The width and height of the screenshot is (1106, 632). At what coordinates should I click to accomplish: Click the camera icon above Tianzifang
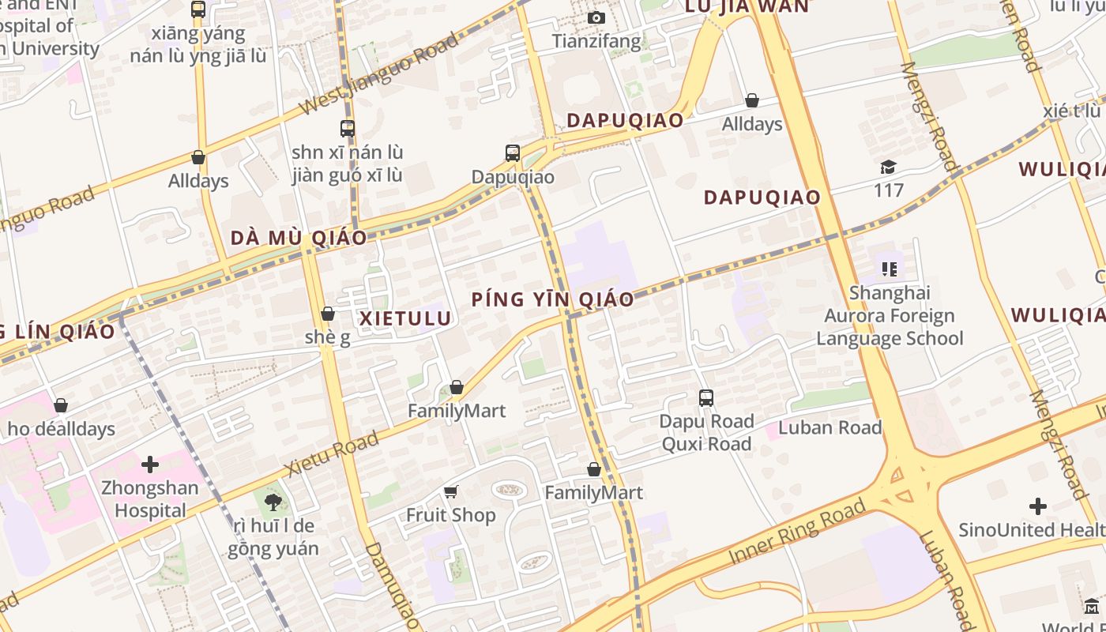coord(596,17)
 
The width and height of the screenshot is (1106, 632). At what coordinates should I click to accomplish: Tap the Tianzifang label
coord(596,40)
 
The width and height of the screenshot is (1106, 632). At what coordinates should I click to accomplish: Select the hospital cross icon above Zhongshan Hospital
coord(150,464)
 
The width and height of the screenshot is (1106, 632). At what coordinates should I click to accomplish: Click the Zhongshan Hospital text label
coord(150,498)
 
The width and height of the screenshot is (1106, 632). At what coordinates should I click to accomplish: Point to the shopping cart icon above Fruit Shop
coord(451,492)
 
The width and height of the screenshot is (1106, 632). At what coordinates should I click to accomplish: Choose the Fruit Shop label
coord(451,515)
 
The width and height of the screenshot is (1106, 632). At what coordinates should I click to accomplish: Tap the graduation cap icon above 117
coord(889,167)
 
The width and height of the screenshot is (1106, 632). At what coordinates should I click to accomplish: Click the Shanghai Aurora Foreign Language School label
coord(890,316)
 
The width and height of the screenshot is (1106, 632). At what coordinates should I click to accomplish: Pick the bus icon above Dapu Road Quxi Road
coord(706,398)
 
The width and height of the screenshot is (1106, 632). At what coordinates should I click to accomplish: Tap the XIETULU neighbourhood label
coord(406,318)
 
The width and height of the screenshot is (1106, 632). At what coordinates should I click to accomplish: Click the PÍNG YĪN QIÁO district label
coord(553,299)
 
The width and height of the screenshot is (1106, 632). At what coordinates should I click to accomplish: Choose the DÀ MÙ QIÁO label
coord(299,238)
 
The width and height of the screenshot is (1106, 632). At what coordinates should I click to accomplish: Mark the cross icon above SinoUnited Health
coord(1038,506)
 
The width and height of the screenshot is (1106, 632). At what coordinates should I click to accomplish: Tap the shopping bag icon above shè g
coord(328,314)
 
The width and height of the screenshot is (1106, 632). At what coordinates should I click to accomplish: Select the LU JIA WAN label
coord(747,6)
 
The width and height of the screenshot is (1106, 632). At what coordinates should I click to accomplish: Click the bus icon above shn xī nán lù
coord(348,128)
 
